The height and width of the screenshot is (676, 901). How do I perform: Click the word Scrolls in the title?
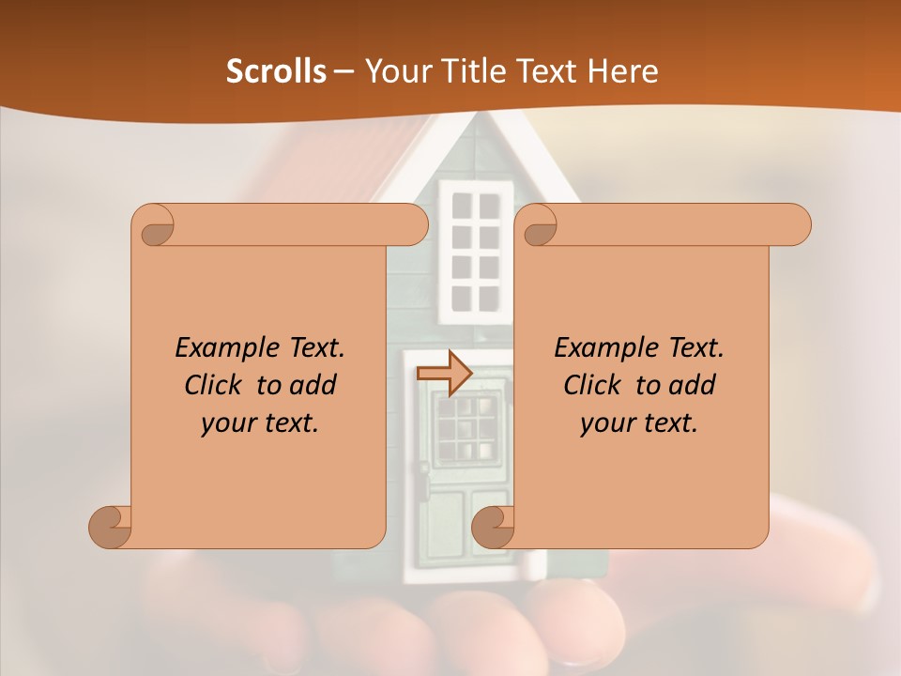point(276,71)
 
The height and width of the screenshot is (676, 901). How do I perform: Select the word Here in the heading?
point(622,71)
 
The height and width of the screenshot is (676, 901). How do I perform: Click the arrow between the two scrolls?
point(444,374)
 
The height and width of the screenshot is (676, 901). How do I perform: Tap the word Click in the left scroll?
point(206,385)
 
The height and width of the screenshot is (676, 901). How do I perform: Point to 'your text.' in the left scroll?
point(259,423)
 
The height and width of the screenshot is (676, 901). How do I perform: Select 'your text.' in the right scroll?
point(638,423)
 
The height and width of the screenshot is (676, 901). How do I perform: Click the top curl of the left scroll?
point(156,226)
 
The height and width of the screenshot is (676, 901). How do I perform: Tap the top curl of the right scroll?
point(539,226)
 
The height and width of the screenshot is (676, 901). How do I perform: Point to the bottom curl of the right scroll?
point(493,527)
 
